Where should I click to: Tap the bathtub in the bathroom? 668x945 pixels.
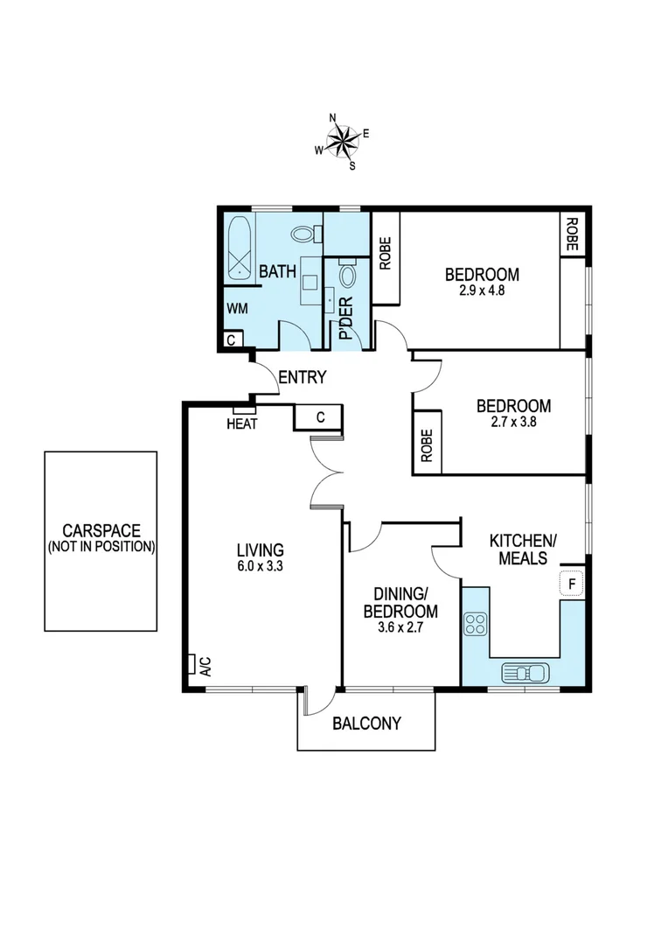coord(240,249)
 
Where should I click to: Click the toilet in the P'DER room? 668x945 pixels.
coord(346,276)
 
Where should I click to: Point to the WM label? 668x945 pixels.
coord(237,309)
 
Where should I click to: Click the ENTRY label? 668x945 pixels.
coord(302,378)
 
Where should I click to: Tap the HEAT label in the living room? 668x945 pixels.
coord(241,423)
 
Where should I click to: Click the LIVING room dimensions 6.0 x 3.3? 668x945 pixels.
coord(260,566)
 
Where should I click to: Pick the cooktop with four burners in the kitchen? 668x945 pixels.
coord(475,625)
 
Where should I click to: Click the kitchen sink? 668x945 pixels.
coord(525,672)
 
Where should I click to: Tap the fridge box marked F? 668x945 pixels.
coord(572,584)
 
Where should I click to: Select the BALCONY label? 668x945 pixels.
coord(366,724)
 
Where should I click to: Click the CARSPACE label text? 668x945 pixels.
coord(101,530)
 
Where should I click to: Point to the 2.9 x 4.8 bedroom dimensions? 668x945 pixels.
coord(481,290)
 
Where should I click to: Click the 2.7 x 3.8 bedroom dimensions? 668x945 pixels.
coord(513,422)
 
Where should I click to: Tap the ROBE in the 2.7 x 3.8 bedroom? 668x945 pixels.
coord(427,445)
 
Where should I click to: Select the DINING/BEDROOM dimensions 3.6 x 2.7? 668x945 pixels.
coord(401,627)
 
